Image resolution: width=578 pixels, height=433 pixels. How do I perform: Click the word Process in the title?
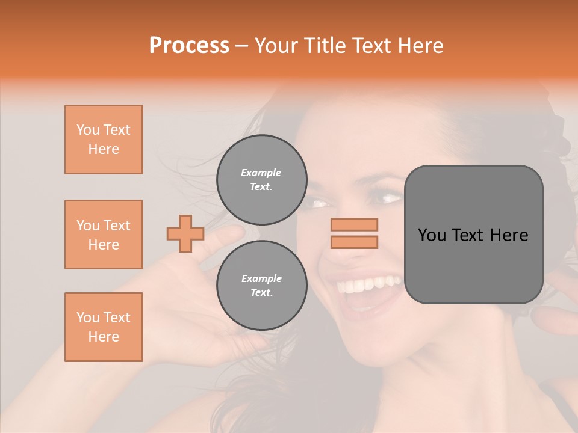coord(189,46)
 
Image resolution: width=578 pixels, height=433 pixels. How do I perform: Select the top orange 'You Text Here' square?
coord(104,140)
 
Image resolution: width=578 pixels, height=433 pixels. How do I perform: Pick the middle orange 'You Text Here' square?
coord(104,235)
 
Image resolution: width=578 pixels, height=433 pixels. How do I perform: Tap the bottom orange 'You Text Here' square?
coord(104,327)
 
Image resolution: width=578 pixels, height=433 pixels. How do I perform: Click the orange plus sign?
coord(185,233)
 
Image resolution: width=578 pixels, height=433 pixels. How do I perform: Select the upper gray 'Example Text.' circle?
coord(261,179)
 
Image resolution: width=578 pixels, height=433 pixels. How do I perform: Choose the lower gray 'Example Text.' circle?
coord(261,285)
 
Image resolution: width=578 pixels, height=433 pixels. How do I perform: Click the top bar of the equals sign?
coord(354,225)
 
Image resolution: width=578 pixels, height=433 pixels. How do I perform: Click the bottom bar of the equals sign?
coord(354,242)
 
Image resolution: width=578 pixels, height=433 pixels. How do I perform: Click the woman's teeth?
coord(368,284)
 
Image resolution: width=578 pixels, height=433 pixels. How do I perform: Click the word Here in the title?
coord(422,46)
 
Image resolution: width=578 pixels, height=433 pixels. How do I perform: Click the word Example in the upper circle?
coord(261,173)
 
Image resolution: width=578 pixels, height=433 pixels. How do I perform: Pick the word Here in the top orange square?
coord(104,149)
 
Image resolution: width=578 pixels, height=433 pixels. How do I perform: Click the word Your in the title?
coord(274,46)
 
